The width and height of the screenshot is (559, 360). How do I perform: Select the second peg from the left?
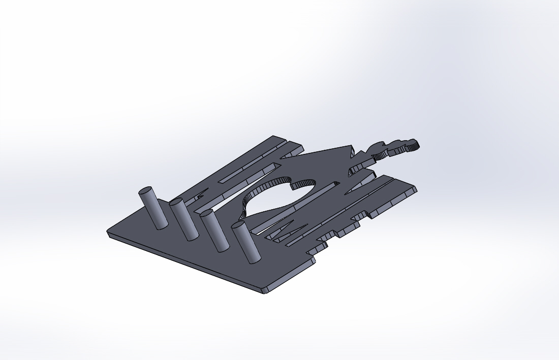(184, 220)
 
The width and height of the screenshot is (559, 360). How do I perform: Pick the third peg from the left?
(215, 232)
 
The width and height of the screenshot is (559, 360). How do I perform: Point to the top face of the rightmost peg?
(238, 224)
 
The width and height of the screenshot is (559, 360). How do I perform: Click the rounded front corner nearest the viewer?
(264, 290)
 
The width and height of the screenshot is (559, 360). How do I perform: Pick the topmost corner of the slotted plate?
(275, 137)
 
